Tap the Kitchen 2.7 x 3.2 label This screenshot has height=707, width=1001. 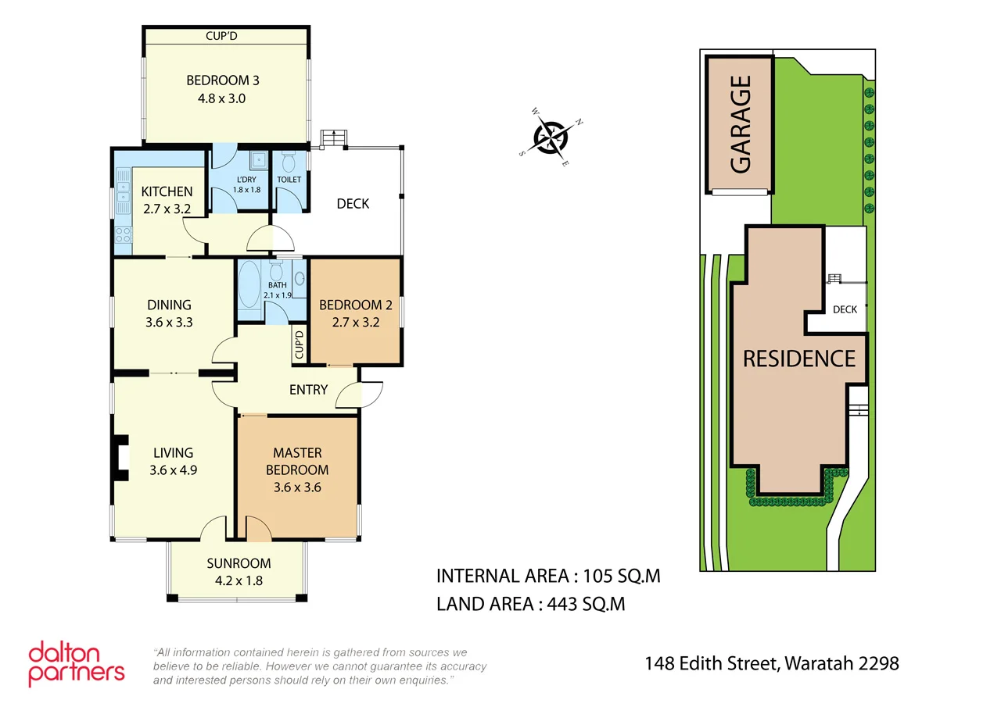coord(167,200)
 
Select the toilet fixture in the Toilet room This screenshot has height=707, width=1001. coord(289,162)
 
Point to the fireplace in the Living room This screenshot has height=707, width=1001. coord(120,456)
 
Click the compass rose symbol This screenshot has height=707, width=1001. coord(551,137)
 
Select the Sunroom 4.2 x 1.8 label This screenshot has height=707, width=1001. coord(239,572)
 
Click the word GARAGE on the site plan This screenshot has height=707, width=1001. coord(740,124)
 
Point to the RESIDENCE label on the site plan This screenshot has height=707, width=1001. coord(798,359)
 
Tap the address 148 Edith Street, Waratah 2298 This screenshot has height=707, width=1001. coord(771,664)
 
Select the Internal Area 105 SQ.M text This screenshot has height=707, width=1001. coord(548,577)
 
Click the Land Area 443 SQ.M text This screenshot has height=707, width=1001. coord(530,604)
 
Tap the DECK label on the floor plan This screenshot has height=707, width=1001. coord(353,204)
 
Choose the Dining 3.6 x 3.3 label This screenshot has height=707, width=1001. coord(169,313)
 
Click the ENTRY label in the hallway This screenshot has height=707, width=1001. coord(308,390)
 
